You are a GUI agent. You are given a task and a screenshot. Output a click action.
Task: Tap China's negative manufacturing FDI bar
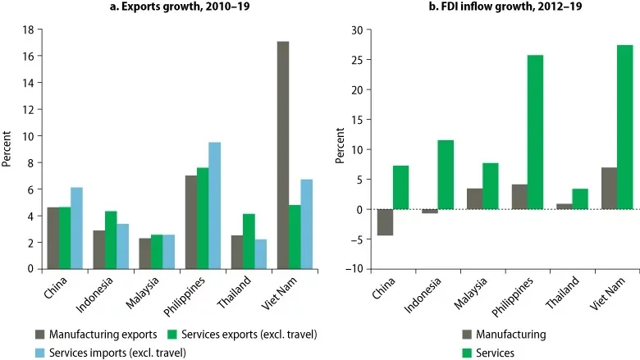(x=385, y=222)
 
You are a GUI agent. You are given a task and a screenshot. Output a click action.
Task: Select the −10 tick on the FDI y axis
(x=355, y=269)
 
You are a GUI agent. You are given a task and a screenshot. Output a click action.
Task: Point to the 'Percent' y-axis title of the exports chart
(x=7, y=148)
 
